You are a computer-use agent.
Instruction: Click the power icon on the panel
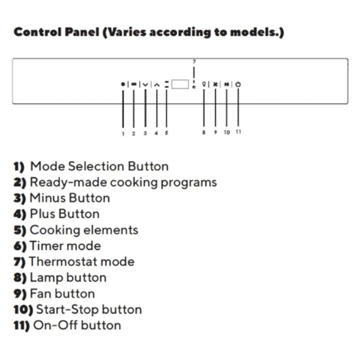(238, 84)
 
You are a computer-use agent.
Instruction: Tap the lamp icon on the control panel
(204, 84)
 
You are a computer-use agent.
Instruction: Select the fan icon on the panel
(215, 84)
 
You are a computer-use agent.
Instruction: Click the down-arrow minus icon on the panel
(145, 85)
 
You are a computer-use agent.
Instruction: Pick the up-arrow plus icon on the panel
(157, 85)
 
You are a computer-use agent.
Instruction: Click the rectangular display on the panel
(180, 84)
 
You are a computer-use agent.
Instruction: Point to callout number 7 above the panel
(195, 62)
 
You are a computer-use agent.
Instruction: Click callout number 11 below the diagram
(238, 132)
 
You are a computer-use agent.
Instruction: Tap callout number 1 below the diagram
(123, 134)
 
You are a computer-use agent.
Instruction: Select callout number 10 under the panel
(227, 133)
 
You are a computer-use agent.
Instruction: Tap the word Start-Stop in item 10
(68, 309)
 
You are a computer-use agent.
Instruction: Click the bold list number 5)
(20, 231)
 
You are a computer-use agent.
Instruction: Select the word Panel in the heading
(82, 32)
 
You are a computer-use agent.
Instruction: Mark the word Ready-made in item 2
(68, 183)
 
